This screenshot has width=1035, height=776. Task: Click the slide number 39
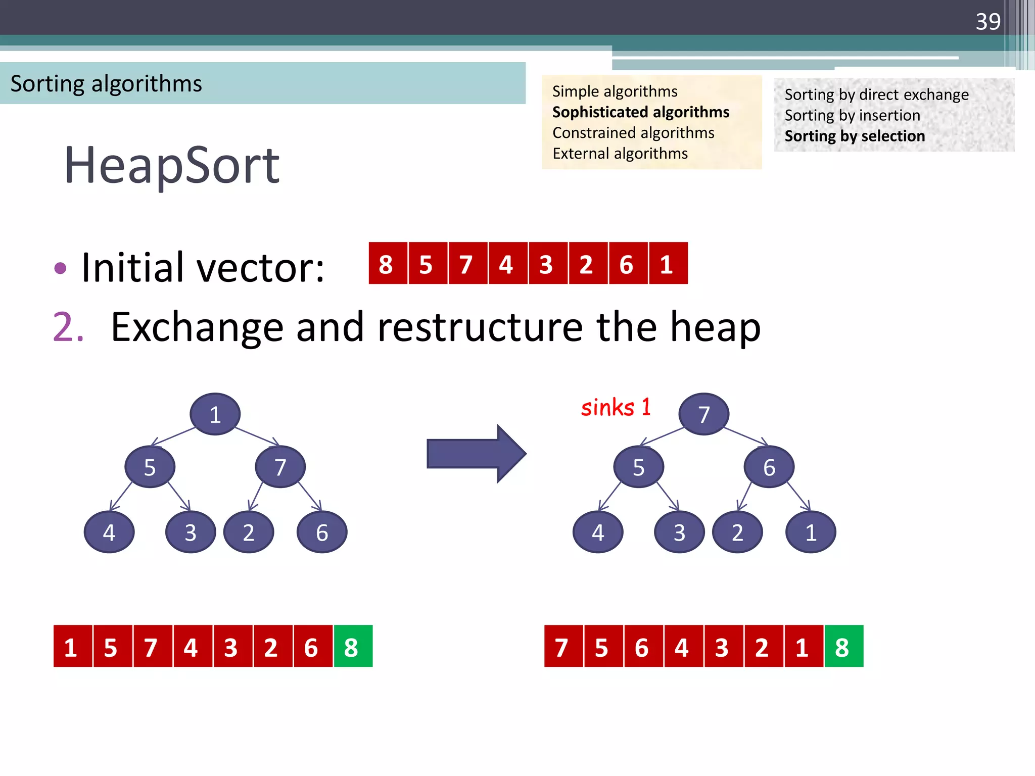point(987,22)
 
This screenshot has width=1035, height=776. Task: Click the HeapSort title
point(172,165)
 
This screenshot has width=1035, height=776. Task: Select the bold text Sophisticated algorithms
point(640,112)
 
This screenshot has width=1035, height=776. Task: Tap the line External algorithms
point(620,154)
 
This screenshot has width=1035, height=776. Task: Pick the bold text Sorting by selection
point(855,136)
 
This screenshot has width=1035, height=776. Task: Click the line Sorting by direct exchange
point(876,94)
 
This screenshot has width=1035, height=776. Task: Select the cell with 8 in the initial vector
point(387,264)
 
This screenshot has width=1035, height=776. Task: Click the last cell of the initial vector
point(668,264)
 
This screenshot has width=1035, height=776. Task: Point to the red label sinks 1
point(616,408)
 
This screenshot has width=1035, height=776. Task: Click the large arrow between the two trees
point(476,453)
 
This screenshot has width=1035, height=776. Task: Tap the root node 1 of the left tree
point(215,414)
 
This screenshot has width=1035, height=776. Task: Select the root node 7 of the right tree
point(703,414)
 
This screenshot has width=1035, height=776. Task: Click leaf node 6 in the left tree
point(322,532)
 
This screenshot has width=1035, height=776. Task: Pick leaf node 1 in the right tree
point(811,532)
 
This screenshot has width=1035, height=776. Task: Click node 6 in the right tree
point(769,467)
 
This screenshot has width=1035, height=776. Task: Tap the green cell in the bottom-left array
point(352,647)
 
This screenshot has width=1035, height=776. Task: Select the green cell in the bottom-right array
point(843,647)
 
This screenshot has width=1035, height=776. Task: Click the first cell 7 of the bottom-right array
point(563,647)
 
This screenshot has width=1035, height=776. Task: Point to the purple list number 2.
point(68,327)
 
